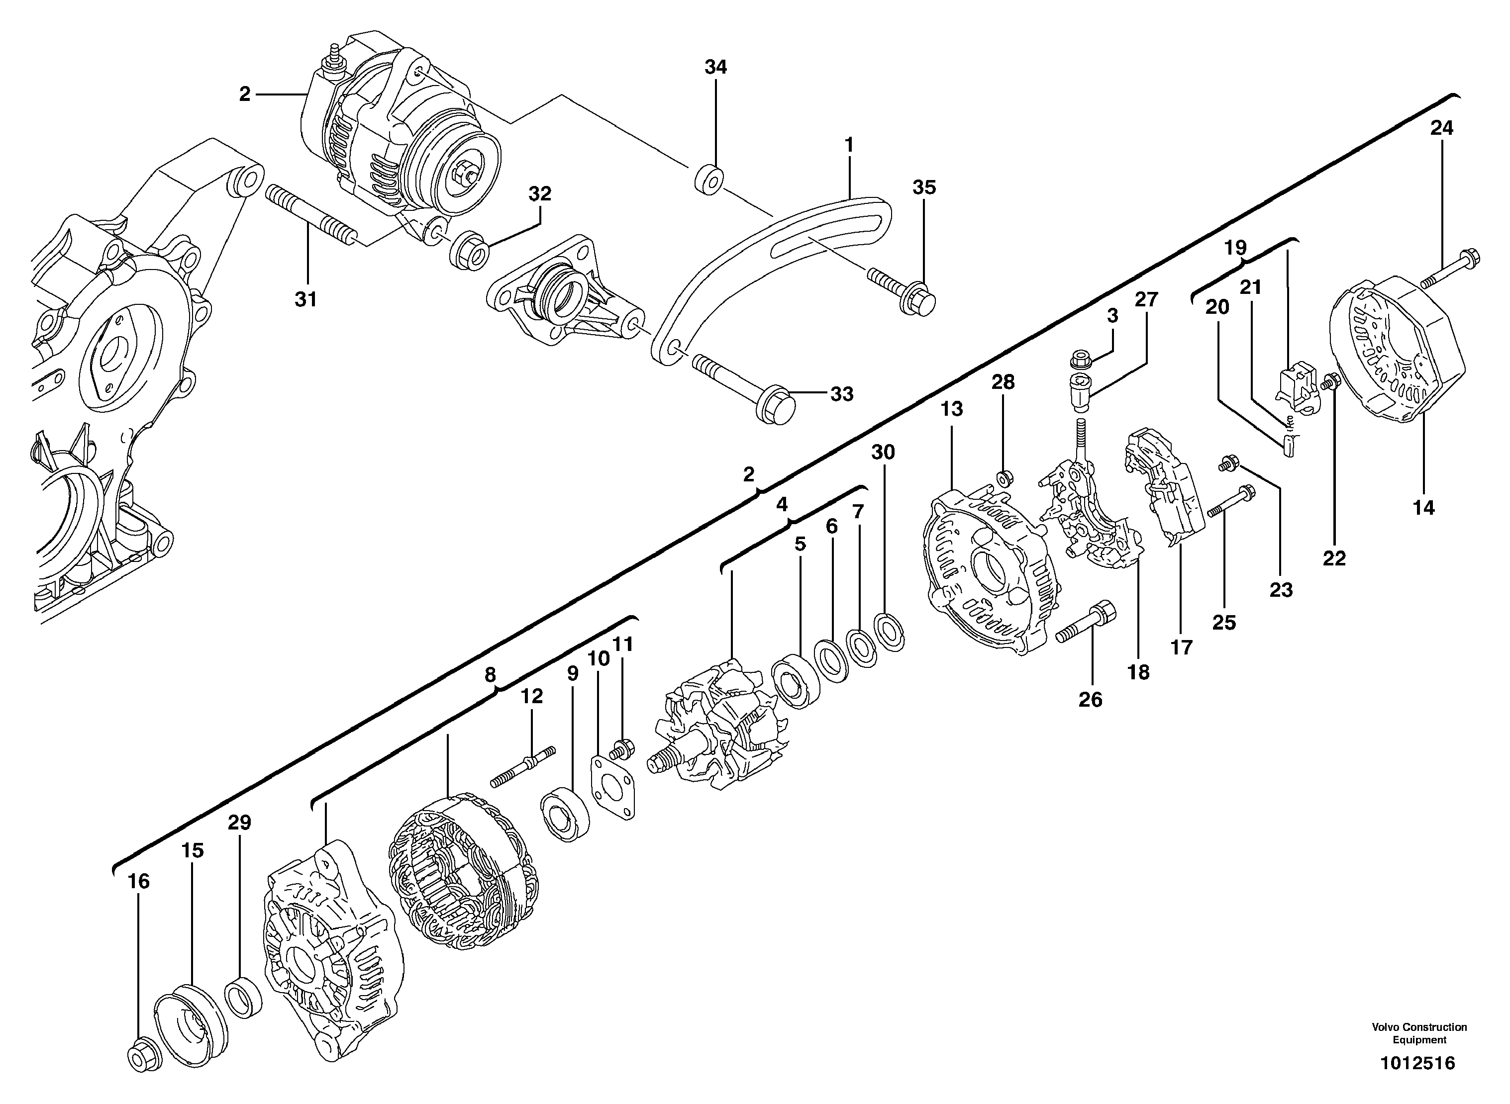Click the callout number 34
[x=715, y=67]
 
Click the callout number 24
[x=1441, y=128]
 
